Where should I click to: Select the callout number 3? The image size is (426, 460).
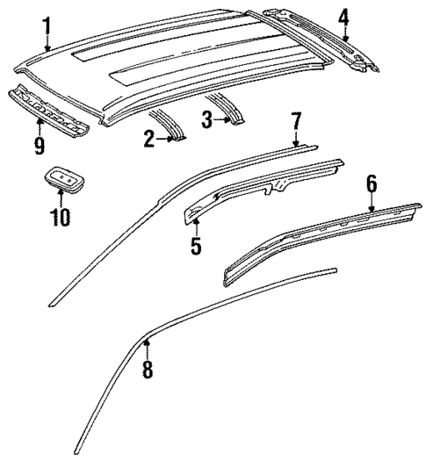(x=206, y=119)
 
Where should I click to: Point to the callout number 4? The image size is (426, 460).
(x=344, y=17)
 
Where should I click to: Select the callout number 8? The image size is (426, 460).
(x=148, y=370)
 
